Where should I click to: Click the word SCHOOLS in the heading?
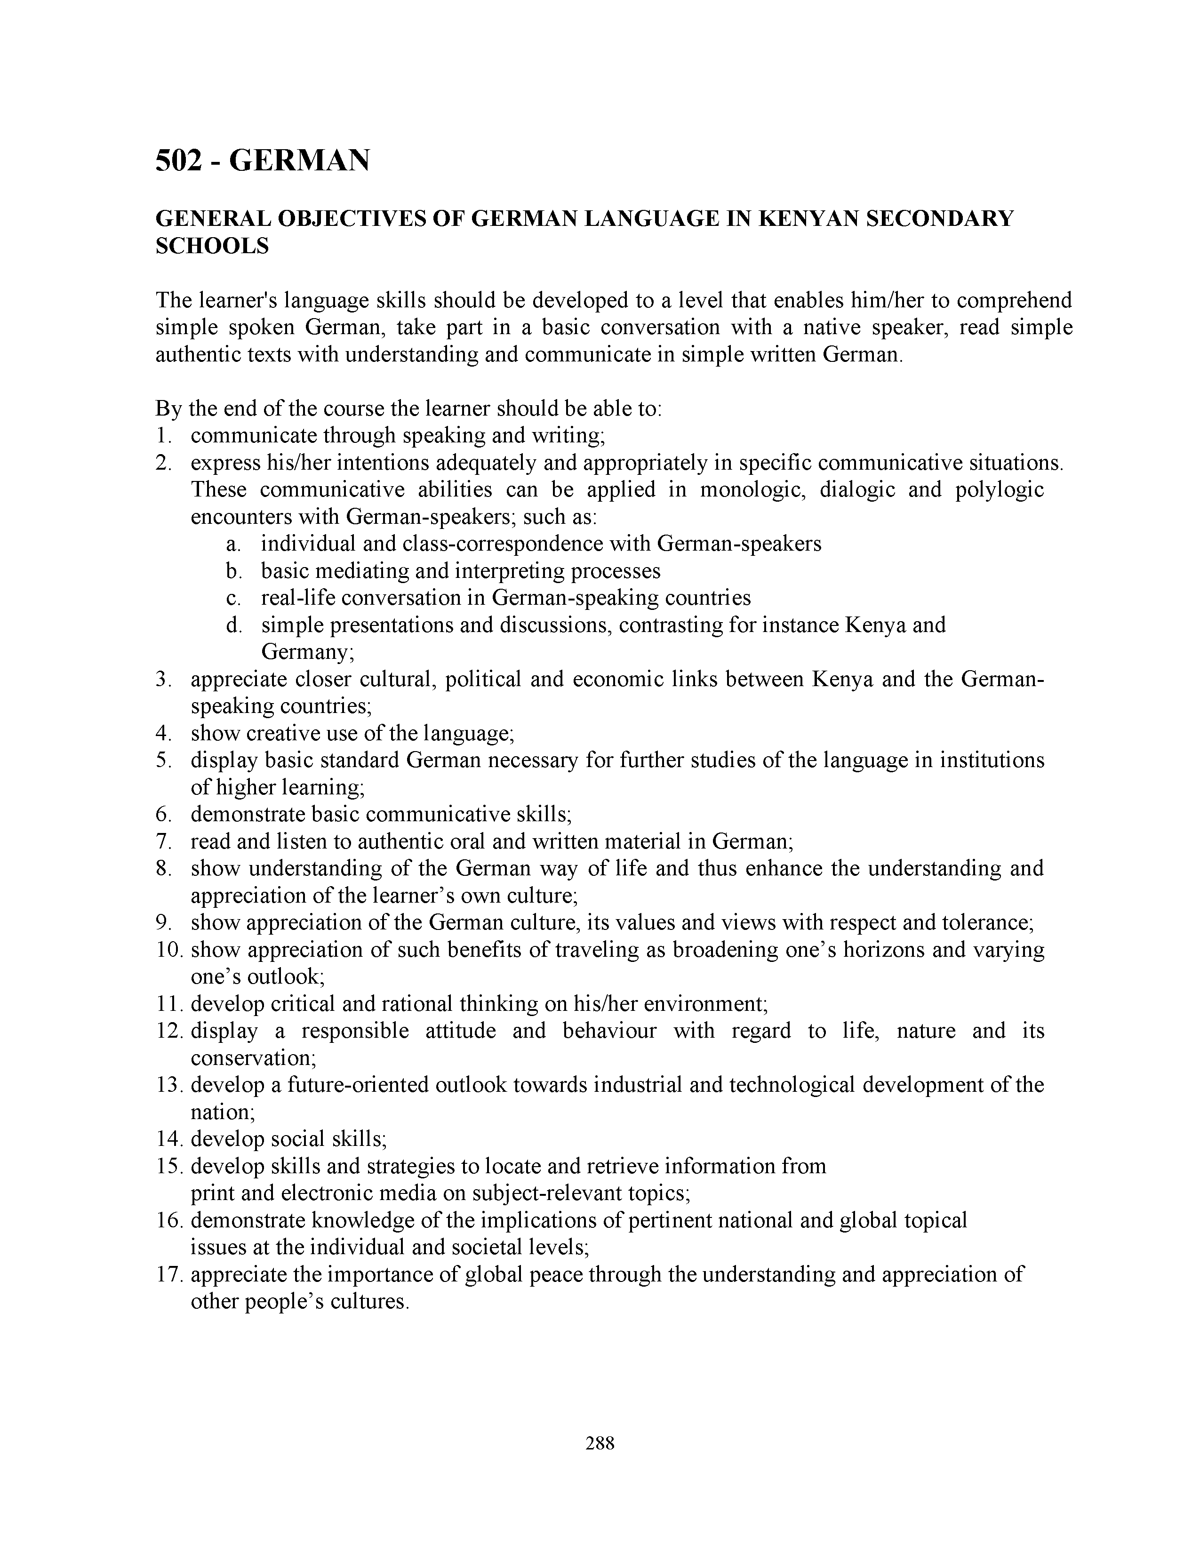pyautogui.click(x=212, y=246)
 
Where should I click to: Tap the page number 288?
pyautogui.click(x=599, y=1443)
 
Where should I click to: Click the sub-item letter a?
pyautogui.click(x=231, y=544)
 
